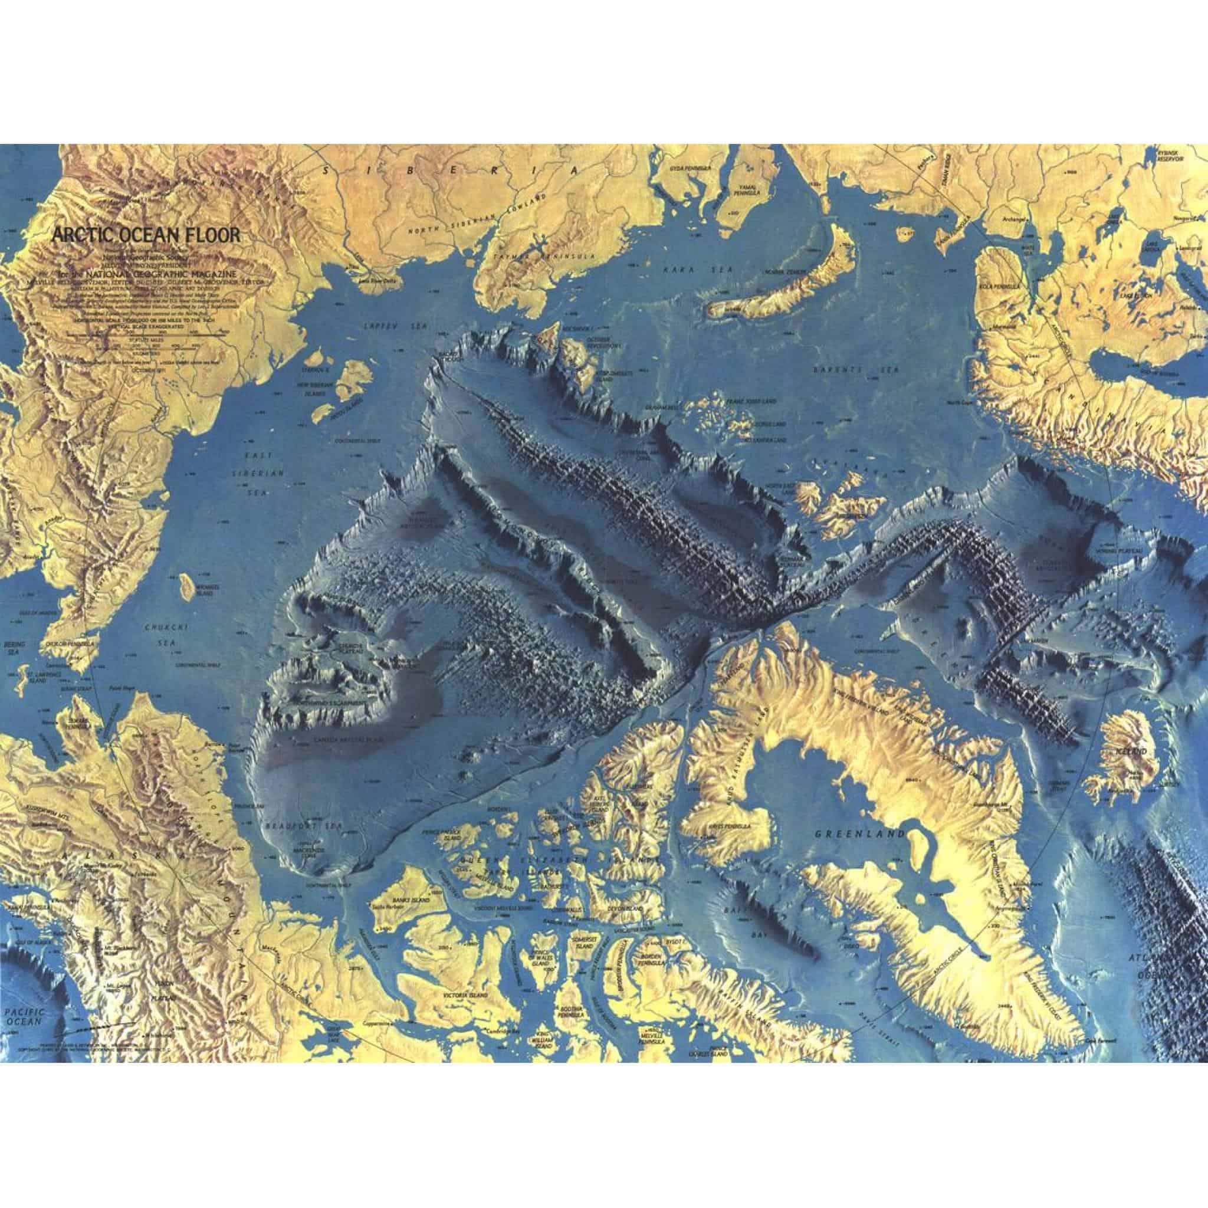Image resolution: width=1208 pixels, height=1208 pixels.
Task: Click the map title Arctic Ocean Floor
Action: click(146, 236)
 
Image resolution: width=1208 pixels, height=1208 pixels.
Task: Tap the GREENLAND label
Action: click(860, 834)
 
